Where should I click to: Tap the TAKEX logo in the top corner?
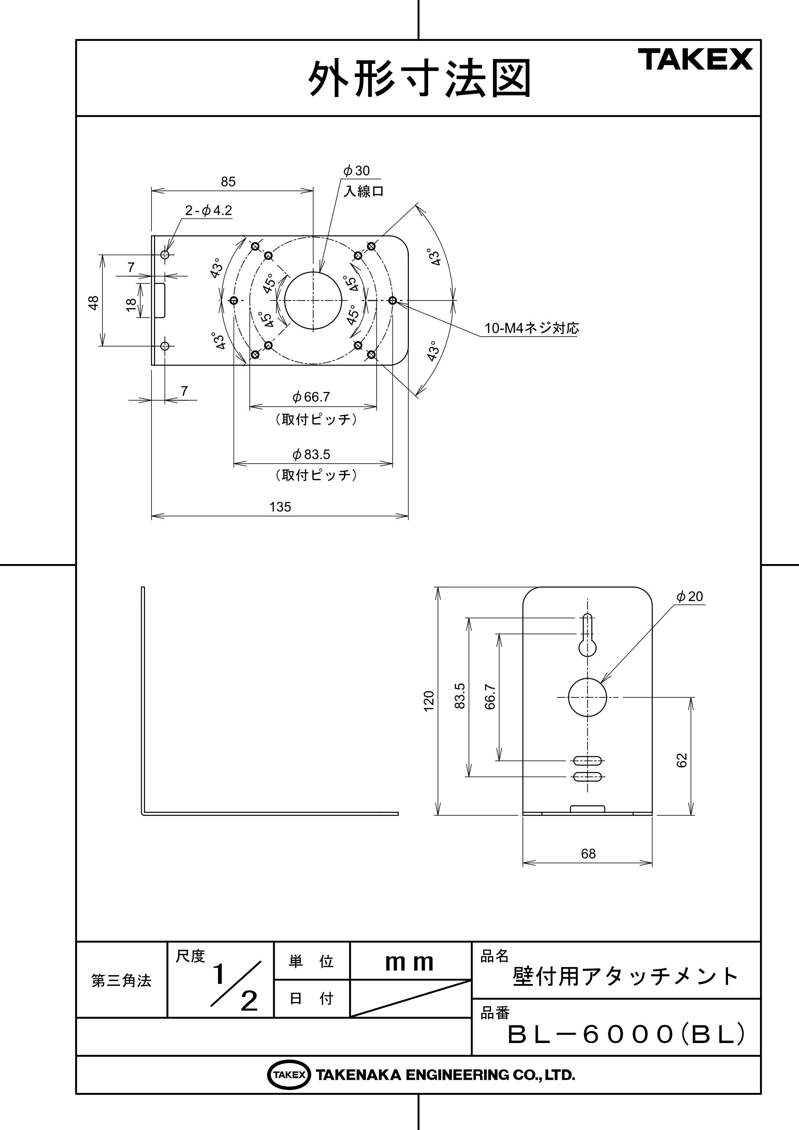[x=695, y=60]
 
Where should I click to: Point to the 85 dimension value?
[x=228, y=182]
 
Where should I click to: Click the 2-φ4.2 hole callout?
[x=208, y=211]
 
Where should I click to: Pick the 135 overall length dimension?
[x=280, y=507]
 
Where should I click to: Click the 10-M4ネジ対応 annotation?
[x=532, y=328]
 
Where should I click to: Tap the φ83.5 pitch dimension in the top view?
[x=311, y=454]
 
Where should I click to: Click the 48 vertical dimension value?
[x=93, y=302]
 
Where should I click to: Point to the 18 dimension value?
[x=131, y=305]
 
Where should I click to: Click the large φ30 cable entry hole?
[x=313, y=300]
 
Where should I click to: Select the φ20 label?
[x=690, y=597]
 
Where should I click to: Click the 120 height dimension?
[x=429, y=700]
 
